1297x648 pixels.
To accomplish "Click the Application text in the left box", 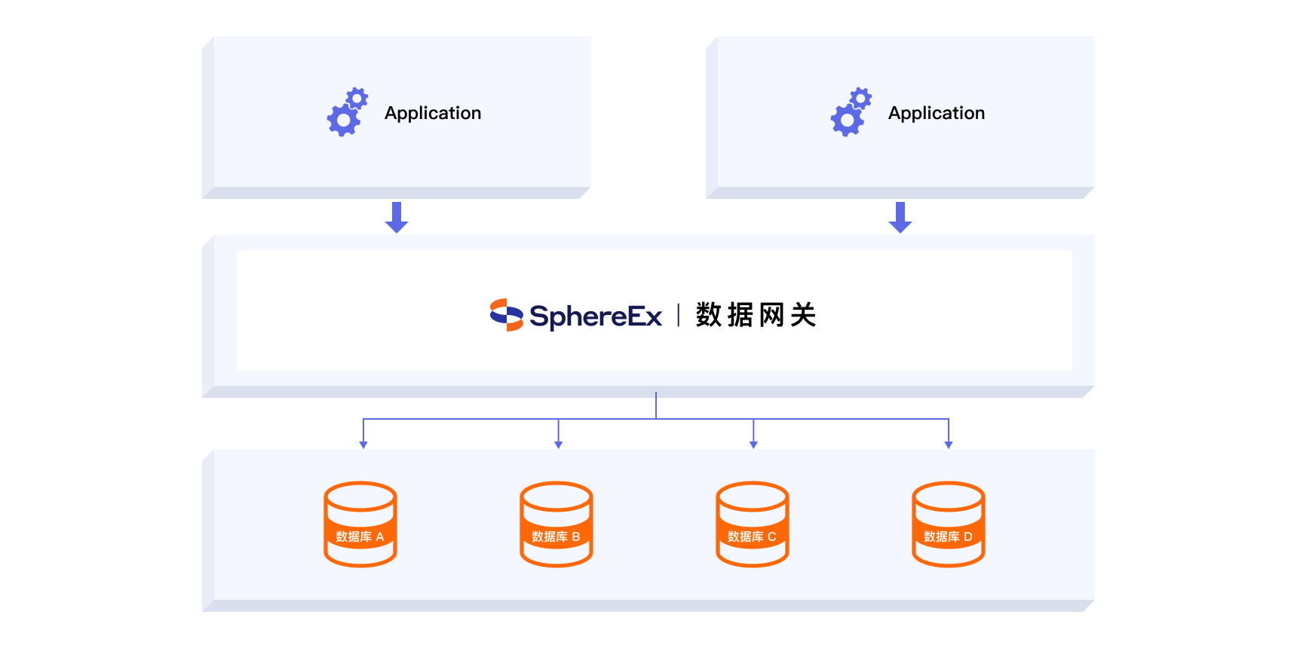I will click(x=432, y=113).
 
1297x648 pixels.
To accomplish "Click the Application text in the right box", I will click(x=936, y=113).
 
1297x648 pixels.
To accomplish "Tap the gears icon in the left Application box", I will click(x=347, y=113).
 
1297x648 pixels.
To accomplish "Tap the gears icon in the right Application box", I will click(x=851, y=113).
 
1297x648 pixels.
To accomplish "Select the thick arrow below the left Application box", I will click(x=397, y=217).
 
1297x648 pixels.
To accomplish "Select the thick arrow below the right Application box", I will click(x=900, y=217).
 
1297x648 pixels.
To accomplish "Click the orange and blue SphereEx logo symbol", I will click(x=506, y=315).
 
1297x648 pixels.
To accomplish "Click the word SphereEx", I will click(x=596, y=316).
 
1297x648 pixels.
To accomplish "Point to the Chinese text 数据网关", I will click(x=756, y=315).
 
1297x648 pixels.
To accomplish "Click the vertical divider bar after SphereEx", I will click(x=679, y=315).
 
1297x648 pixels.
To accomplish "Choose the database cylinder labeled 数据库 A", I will click(x=360, y=524).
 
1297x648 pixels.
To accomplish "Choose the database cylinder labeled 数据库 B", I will click(x=557, y=524).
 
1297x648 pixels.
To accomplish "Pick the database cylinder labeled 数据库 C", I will click(x=753, y=524).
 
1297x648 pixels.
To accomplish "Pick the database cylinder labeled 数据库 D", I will click(x=949, y=524).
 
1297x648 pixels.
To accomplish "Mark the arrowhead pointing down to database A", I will click(x=363, y=445).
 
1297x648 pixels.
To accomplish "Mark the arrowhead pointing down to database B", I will click(x=559, y=445).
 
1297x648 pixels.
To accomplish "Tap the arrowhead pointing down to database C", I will click(x=753, y=445).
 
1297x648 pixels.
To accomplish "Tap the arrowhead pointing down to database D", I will click(x=949, y=445).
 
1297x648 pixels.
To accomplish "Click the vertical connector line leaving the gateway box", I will click(x=656, y=405).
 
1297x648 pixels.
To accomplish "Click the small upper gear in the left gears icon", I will click(x=357, y=98).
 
